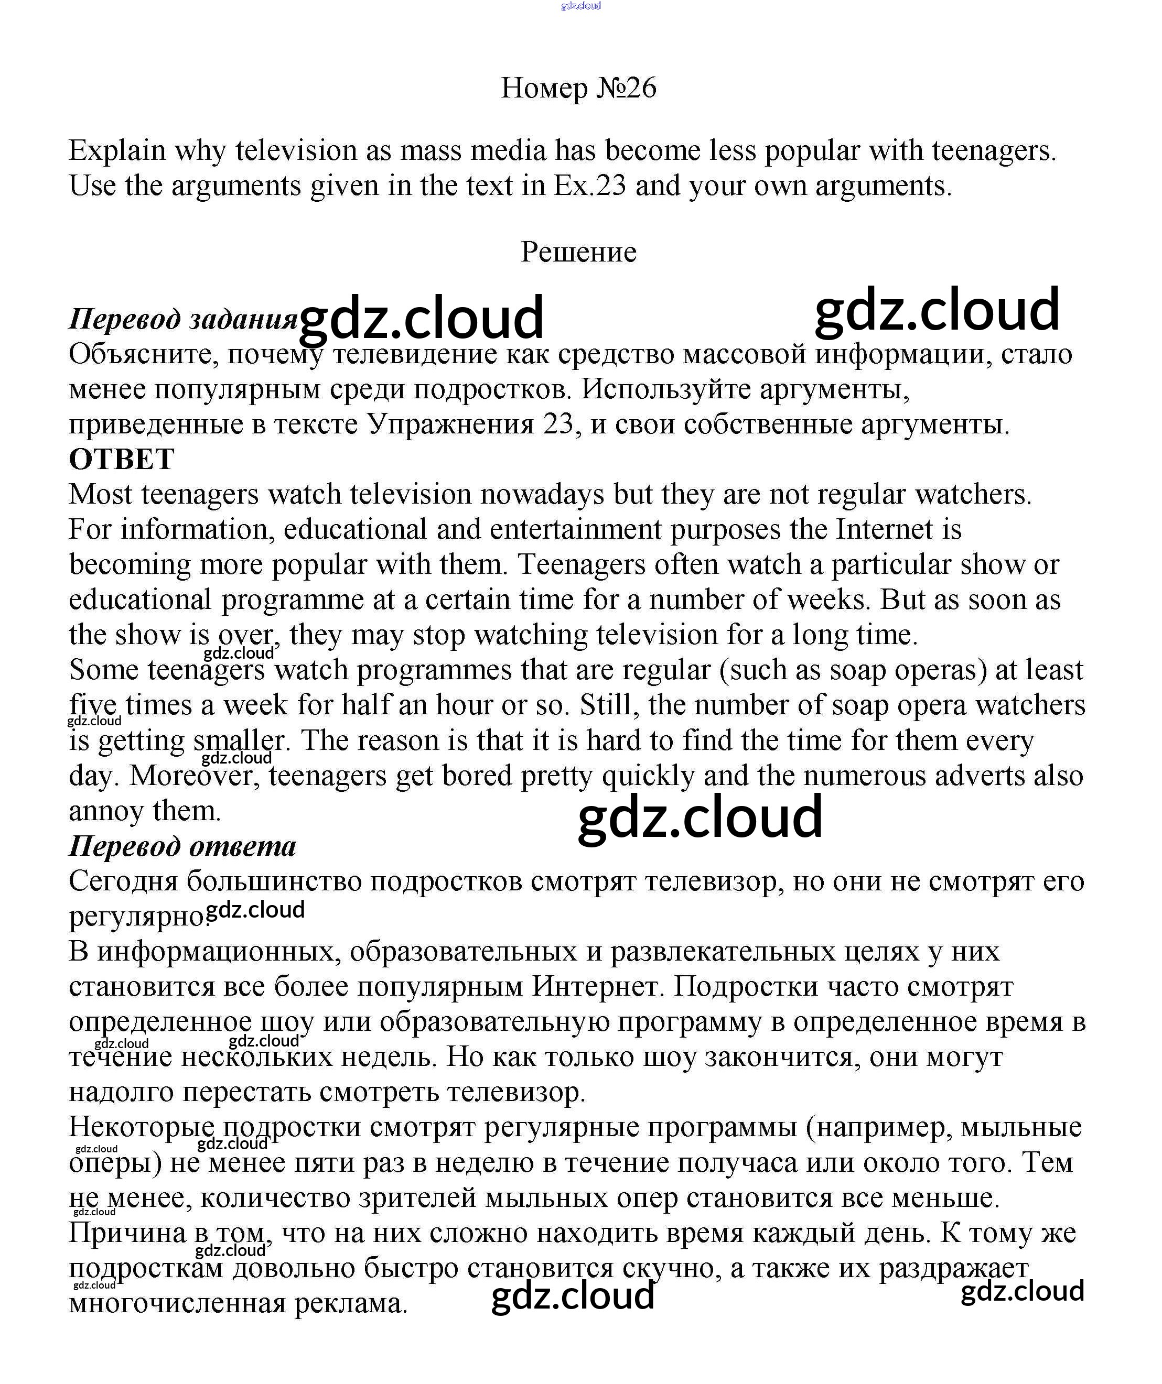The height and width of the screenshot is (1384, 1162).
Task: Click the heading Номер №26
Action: (578, 88)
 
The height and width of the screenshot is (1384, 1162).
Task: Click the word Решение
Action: (578, 252)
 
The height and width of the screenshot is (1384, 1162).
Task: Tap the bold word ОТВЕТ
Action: (121, 459)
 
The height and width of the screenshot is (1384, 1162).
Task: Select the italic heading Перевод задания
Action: (182, 319)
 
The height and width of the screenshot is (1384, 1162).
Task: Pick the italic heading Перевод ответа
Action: (182, 846)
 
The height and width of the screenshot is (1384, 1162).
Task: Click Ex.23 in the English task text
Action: (589, 186)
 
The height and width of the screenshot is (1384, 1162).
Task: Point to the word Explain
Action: (117, 151)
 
